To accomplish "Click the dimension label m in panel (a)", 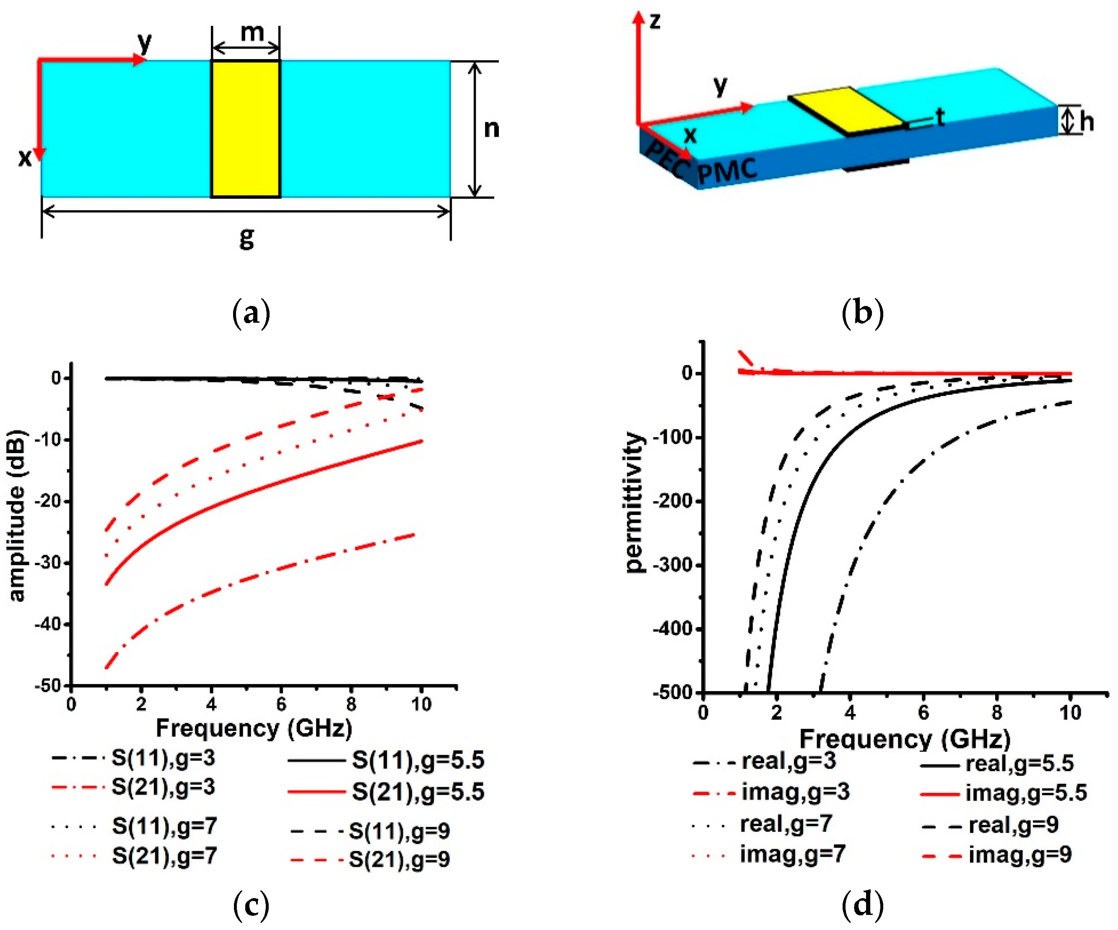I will [252, 33].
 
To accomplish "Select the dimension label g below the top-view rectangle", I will [246, 237].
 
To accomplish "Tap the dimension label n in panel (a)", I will [491, 129].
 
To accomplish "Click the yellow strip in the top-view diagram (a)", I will [245, 129].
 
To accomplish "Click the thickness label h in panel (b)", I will [1087, 122].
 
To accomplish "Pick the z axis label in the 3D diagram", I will [655, 21].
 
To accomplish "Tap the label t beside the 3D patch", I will [940, 117].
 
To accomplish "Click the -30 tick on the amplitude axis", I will [49, 563].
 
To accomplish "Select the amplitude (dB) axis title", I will [17, 516].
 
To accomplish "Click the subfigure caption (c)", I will [251, 905].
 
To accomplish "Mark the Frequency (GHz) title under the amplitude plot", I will [254, 728].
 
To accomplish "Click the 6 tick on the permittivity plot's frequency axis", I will [923, 712].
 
